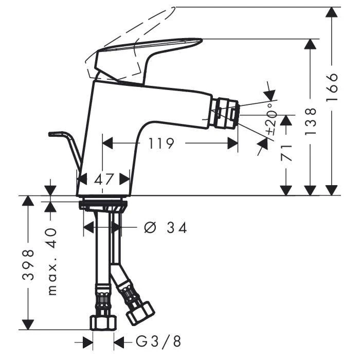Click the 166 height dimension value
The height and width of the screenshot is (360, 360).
point(332,87)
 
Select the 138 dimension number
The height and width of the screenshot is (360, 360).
point(311,121)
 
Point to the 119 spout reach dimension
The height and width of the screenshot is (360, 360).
point(161,143)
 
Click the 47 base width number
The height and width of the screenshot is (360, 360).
point(104,179)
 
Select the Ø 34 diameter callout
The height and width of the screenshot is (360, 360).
point(165,227)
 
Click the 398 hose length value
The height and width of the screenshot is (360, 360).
point(28,264)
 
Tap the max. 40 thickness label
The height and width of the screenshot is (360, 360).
point(52,261)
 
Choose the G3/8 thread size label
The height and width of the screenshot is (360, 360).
point(158,341)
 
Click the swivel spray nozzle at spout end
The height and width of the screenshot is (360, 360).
point(226,113)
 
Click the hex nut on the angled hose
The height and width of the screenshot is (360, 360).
point(140,313)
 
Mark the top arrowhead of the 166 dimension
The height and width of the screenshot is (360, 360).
point(332,12)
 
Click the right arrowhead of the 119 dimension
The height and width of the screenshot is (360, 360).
point(232,143)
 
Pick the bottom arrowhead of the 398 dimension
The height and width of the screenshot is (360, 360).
point(28,324)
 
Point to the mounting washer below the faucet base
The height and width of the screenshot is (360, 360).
point(103,205)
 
